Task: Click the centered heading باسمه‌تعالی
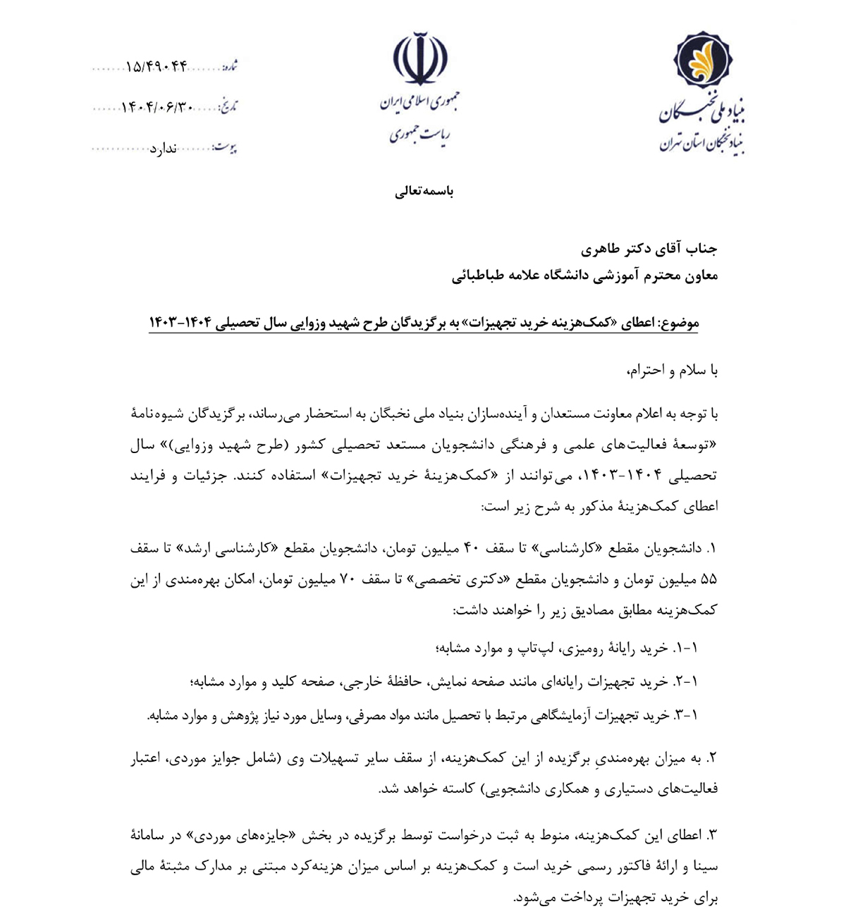tap(424, 191)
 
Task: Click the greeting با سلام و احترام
tap(671, 371)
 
